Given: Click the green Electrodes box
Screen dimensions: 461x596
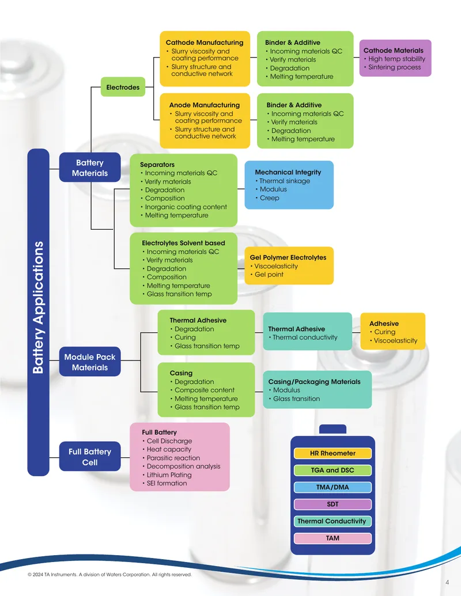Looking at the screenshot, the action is click(x=123, y=87).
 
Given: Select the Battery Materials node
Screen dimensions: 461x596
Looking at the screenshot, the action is click(x=90, y=168).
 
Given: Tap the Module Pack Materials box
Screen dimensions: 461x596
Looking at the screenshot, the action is click(x=90, y=362).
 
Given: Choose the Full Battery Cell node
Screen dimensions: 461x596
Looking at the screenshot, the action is click(x=90, y=457).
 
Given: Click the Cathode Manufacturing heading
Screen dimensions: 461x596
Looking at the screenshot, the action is click(x=205, y=43).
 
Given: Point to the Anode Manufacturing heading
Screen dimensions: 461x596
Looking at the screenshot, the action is click(x=205, y=105).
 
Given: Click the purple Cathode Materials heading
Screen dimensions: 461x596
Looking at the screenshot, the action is click(x=394, y=50).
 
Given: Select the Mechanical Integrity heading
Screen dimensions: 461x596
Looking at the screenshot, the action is click(x=288, y=172).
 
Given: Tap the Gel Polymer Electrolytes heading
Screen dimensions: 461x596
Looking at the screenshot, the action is click(x=288, y=257).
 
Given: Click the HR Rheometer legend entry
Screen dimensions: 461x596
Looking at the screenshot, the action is click(x=332, y=453).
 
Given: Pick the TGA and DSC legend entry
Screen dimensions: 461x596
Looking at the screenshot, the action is click(x=332, y=470).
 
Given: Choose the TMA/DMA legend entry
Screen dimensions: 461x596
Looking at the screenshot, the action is click(x=332, y=487).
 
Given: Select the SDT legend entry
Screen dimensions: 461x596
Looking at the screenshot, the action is click(x=332, y=504).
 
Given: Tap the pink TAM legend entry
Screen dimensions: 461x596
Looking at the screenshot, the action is click(x=332, y=538).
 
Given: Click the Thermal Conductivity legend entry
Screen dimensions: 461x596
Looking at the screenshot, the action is click(x=332, y=521).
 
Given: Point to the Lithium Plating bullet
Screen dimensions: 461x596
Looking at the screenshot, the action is click(x=167, y=474).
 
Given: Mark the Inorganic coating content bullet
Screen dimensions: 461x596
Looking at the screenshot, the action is click(x=184, y=207).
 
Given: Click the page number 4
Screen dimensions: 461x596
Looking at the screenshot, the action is click(x=447, y=582).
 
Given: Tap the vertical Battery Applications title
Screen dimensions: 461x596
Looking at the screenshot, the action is click(x=38, y=308).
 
